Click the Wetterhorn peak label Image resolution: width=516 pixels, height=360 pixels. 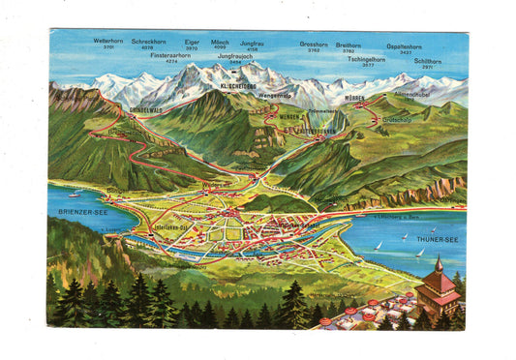point(107,42)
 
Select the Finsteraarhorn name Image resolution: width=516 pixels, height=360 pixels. point(170,56)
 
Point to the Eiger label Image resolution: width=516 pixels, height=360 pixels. point(192,42)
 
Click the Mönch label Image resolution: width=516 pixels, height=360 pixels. point(220,42)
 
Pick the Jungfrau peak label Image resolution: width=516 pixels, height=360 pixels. point(252,43)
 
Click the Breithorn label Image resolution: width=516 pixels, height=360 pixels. point(349,44)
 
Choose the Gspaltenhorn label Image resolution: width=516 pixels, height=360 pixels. point(403,45)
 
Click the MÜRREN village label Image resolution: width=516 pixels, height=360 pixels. point(355,99)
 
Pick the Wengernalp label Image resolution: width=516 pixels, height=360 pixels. point(274,96)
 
